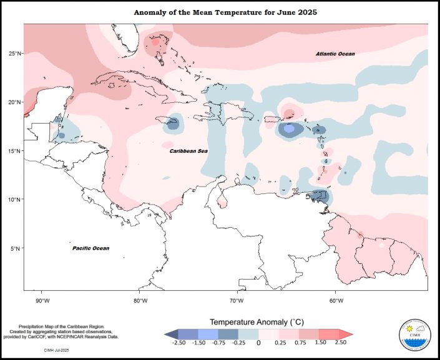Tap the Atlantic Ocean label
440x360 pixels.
point(335,55)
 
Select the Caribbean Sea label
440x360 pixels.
point(188,151)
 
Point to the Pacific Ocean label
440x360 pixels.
point(90,248)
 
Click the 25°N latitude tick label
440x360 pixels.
point(16,54)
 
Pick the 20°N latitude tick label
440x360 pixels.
point(16,102)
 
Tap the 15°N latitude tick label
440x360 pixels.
point(16,151)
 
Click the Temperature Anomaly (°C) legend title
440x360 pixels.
point(257,322)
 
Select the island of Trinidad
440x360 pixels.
point(320,197)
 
